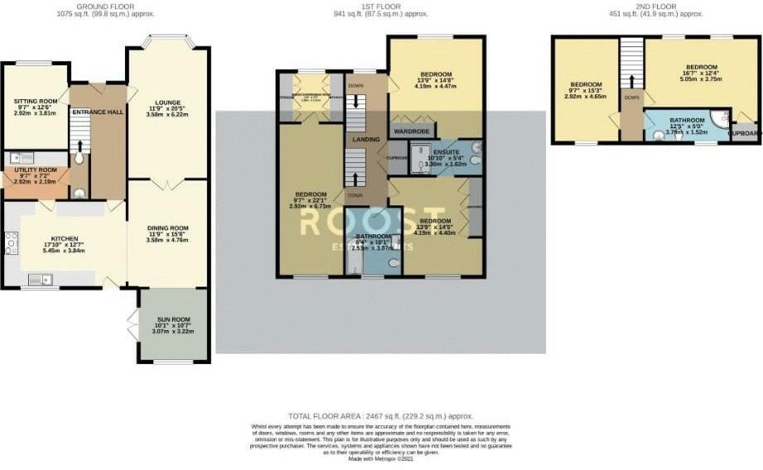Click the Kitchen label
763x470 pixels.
(x=64, y=237)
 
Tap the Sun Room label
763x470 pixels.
(x=175, y=319)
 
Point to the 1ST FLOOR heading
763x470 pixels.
(x=380, y=6)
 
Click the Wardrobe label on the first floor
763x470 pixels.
(x=411, y=130)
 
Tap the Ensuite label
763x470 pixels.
(x=439, y=153)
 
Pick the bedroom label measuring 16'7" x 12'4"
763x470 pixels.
(x=701, y=68)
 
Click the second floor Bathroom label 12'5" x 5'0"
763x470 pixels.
(x=687, y=121)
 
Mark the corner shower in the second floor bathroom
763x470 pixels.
(x=720, y=117)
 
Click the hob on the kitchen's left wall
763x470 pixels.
(x=10, y=242)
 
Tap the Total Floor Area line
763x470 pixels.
(x=380, y=415)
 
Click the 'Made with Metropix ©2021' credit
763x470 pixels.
(x=380, y=459)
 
